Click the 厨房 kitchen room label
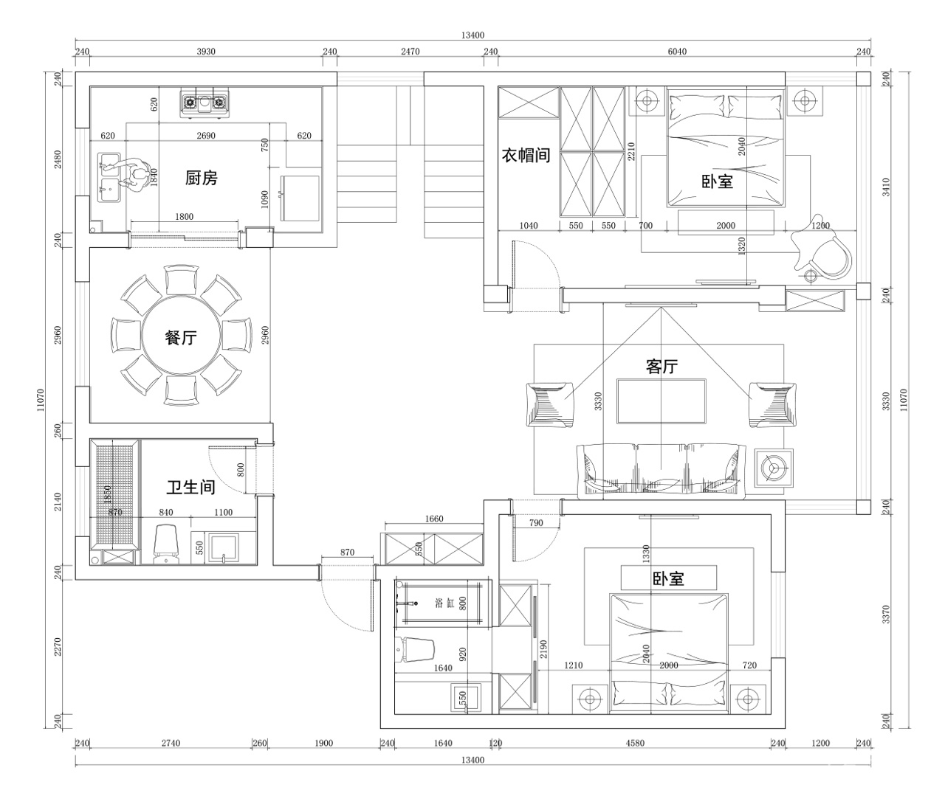[x=202, y=178]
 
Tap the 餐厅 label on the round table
[x=181, y=337]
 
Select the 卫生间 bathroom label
[x=190, y=487]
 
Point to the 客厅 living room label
[x=661, y=367]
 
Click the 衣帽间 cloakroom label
[x=526, y=155]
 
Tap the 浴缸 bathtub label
[x=444, y=603]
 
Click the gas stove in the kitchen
[x=205, y=103]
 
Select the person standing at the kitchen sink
[x=134, y=175]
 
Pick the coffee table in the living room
[x=661, y=401]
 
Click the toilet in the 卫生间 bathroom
[x=165, y=544]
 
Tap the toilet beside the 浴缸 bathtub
[x=415, y=651]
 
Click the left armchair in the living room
[x=550, y=405]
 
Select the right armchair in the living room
[x=772, y=405]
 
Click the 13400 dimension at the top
[x=473, y=35]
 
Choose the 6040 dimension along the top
[x=677, y=52]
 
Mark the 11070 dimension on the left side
[x=41, y=400]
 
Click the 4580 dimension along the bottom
[x=635, y=743]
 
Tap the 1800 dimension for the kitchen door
[x=185, y=217]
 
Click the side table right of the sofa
[x=774, y=468]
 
